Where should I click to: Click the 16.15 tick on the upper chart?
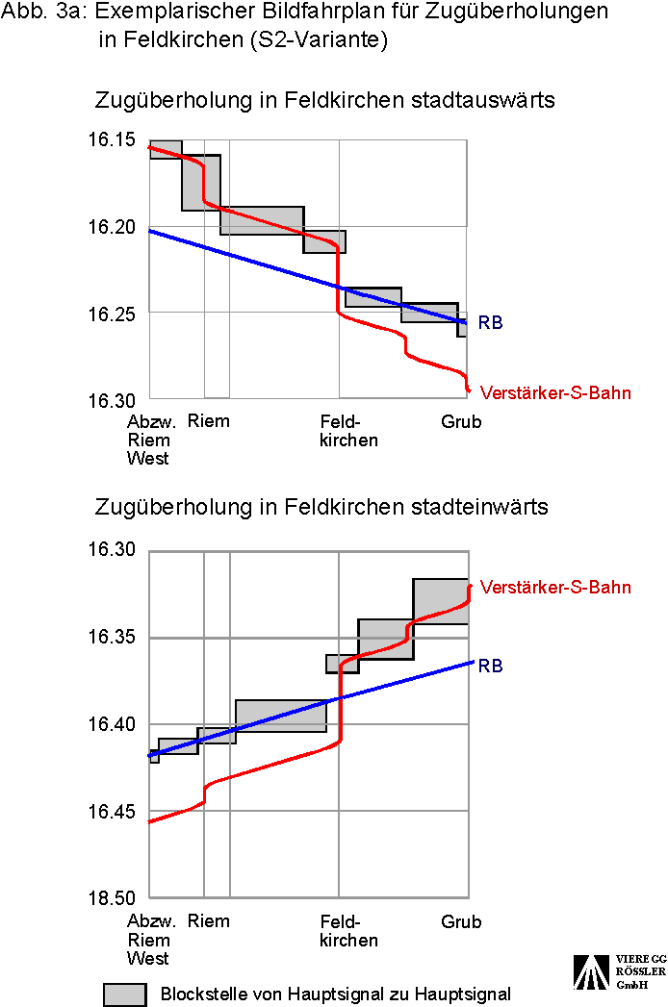click(x=112, y=140)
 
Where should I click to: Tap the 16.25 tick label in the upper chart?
click(x=112, y=314)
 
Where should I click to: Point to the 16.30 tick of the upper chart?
click(x=112, y=400)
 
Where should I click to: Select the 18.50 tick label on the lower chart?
click(x=112, y=898)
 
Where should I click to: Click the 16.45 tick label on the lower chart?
click(x=112, y=812)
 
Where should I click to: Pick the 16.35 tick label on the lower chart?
click(x=112, y=638)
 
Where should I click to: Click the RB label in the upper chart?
click(x=491, y=323)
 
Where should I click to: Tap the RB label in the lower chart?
click(x=491, y=666)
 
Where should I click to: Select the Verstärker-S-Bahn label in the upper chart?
click(x=555, y=392)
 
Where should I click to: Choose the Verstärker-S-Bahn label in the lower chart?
click(x=555, y=587)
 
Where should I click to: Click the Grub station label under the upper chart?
click(x=461, y=421)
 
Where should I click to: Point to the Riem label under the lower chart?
click(x=209, y=921)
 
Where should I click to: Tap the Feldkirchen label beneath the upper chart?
click(x=348, y=431)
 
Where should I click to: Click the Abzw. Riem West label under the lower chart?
click(x=149, y=940)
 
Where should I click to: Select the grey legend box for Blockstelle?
click(x=125, y=994)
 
